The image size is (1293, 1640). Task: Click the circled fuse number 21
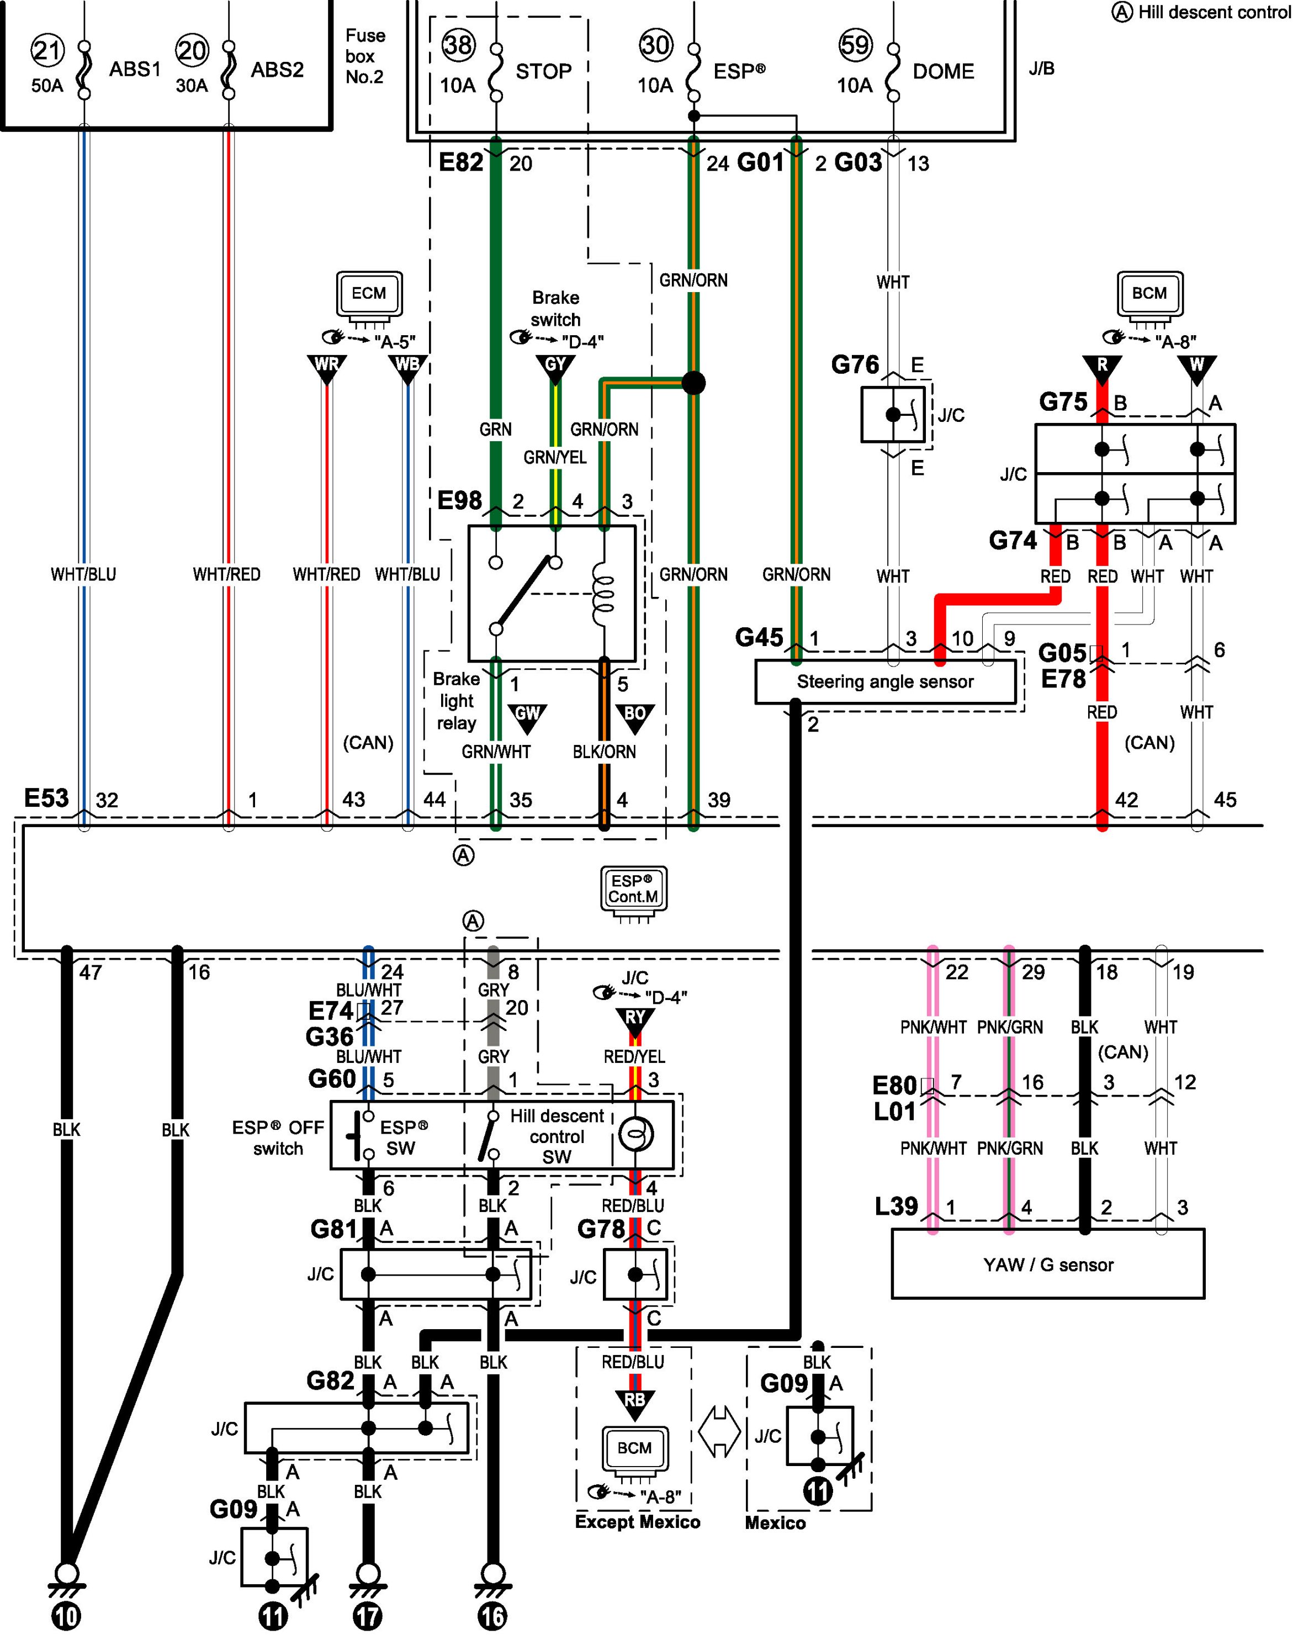tap(47, 51)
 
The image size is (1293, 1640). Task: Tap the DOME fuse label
tap(944, 71)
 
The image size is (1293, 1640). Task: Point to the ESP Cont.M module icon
tap(634, 891)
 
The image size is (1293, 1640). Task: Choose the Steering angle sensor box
tap(885, 681)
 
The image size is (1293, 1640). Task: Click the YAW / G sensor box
tap(1048, 1264)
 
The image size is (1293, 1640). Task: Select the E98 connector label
tap(459, 500)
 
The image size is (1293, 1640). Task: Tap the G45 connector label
tap(759, 638)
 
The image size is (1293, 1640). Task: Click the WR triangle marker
tap(327, 367)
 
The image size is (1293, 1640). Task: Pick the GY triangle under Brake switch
tap(555, 367)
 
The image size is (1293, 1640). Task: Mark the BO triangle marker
tap(634, 716)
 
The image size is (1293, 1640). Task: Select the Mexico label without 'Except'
tap(775, 1522)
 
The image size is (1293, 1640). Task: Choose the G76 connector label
tap(855, 365)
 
